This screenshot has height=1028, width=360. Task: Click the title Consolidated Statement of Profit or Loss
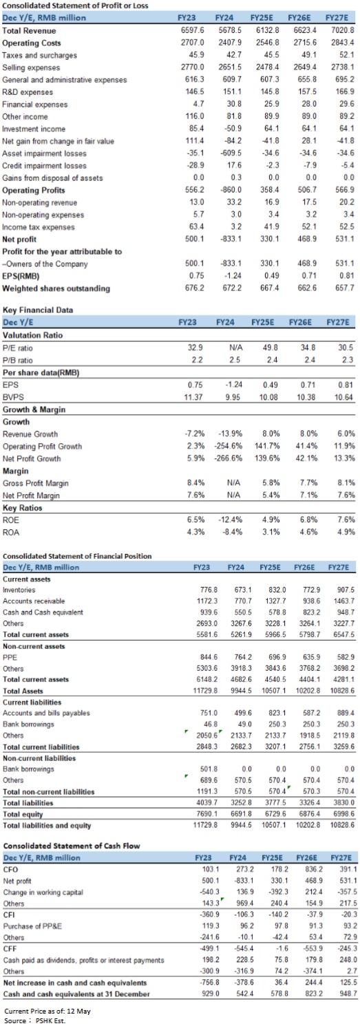pos(75,6)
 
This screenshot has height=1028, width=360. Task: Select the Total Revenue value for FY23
pos(193,30)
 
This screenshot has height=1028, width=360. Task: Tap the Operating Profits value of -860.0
pos(231,189)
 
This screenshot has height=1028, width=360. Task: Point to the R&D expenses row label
pos(28,92)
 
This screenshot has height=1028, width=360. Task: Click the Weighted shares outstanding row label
pos(56,288)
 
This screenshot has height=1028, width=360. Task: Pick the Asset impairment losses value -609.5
pos(231,153)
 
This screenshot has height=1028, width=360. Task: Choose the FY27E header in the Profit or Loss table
pos(337,18)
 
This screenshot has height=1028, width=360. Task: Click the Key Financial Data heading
pos(38,310)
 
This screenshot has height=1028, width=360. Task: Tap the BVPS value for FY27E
pos(344,397)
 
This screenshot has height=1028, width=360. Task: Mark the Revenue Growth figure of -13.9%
pos(230,433)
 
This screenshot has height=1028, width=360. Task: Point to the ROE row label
pos(10,520)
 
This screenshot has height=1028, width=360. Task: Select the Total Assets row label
pos(23,691)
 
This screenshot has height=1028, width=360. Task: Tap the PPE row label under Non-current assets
pos(10,657)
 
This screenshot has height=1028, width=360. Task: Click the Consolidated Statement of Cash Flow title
pos(71,846)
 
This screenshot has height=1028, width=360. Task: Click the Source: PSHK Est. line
pos(35,1020)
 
